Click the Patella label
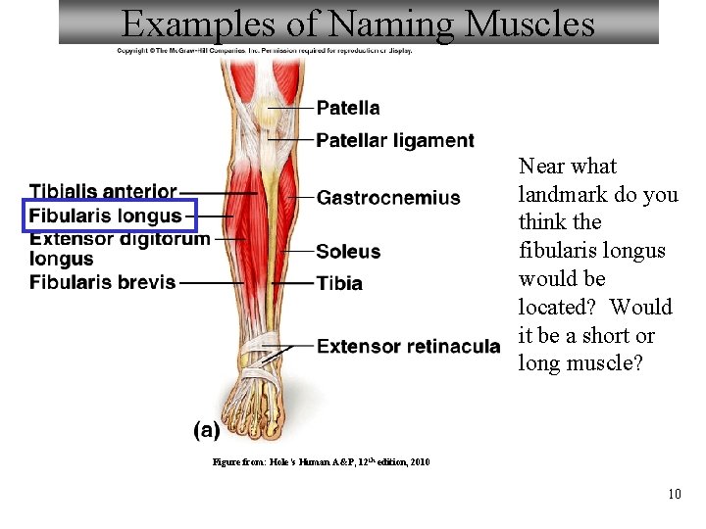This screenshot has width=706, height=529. tap(348, 108)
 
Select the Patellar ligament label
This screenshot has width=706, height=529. tap(394, 140)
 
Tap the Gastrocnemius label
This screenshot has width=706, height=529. tap(388, 198)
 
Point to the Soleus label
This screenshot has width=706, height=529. tap(348, 252)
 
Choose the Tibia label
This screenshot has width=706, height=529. tap(339, 283)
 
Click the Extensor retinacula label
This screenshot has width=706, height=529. tap(408, 346)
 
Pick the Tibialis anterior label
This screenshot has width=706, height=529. tap(103, 191)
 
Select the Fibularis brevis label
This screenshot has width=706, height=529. tap(103, 282)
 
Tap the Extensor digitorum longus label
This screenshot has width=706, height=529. tap(119, 248)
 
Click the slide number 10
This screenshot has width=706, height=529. tap(674, 494)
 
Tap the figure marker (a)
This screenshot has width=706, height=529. tap(206, 429)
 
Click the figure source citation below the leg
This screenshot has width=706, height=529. tap(321, 461)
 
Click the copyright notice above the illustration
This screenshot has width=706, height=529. tap(265, 50)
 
